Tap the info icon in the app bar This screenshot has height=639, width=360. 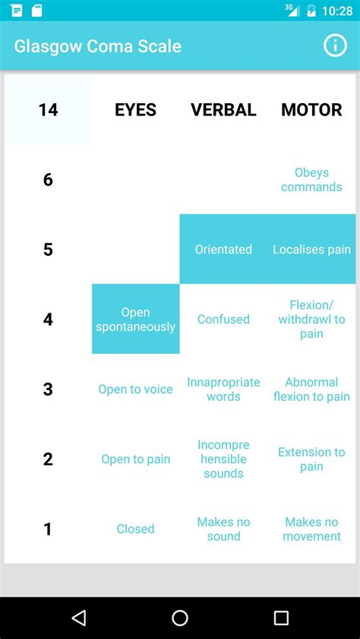pos(335,46)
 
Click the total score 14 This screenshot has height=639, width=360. pos(48,109)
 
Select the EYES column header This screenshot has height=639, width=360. pos(135,109)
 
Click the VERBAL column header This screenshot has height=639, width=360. pos(223,109)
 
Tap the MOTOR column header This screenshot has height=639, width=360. pos(311,109)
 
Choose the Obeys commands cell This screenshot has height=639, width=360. pos(311,180)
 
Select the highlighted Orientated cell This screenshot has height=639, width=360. pos(223,249)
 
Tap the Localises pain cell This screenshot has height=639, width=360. pos(311,249)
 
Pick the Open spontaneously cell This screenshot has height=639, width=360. pos(136,319)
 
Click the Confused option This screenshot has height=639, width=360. pos(223,319)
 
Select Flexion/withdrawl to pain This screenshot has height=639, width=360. pos(311,319)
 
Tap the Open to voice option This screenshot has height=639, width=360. pos(135,389)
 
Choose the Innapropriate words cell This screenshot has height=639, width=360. pos(223,389)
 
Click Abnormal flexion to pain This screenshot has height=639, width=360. pos(311,389)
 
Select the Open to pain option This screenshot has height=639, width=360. pos(135,459)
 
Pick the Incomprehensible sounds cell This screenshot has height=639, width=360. pos(223,459)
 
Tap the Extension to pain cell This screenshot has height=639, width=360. pos(311,459)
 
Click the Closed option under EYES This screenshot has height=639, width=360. pos(135,529)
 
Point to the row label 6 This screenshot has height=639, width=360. pos(48,180)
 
